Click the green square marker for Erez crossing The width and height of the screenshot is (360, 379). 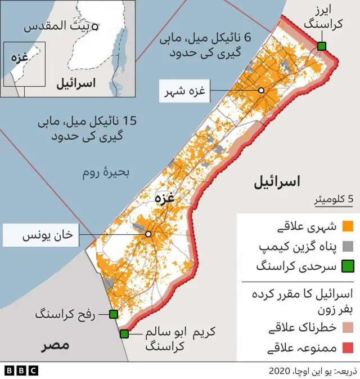pos(321,46)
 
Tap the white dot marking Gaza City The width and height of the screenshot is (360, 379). pos(261,91)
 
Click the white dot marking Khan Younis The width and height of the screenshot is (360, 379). pos(148,234)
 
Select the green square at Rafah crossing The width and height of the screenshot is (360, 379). pos(113,314)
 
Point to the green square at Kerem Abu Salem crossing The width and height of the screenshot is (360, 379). pos(124,334)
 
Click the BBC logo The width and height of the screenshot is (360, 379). pos(21,370)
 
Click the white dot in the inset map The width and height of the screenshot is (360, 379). pos(95,26)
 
